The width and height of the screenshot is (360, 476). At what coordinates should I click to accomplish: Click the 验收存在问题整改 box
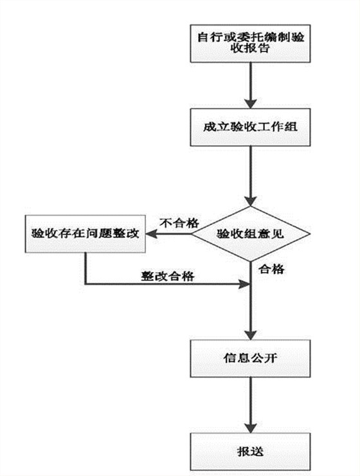[85, 233]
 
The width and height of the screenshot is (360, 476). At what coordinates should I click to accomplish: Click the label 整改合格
[168, 274]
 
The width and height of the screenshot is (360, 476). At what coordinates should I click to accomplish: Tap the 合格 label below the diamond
[269, 269]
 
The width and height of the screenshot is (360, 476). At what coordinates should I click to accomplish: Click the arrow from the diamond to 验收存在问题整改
[170, 233]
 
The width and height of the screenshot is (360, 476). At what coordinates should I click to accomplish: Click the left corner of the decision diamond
[194, 233]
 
